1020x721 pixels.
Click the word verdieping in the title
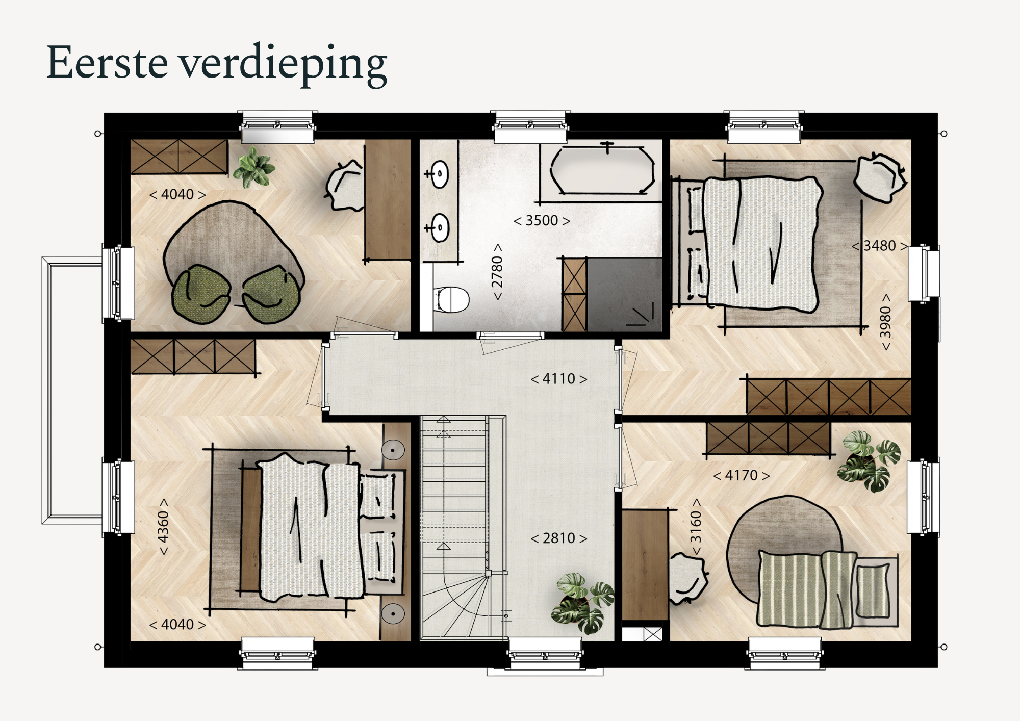285,65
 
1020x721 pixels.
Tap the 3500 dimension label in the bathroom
542,221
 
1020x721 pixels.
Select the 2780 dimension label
497,272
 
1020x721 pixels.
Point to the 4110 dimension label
559,379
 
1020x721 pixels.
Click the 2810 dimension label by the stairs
559,538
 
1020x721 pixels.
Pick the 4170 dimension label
742,476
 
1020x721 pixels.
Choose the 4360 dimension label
163,527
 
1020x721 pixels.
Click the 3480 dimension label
880,246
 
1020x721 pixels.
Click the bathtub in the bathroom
602,170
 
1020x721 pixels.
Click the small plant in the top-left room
254,167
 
